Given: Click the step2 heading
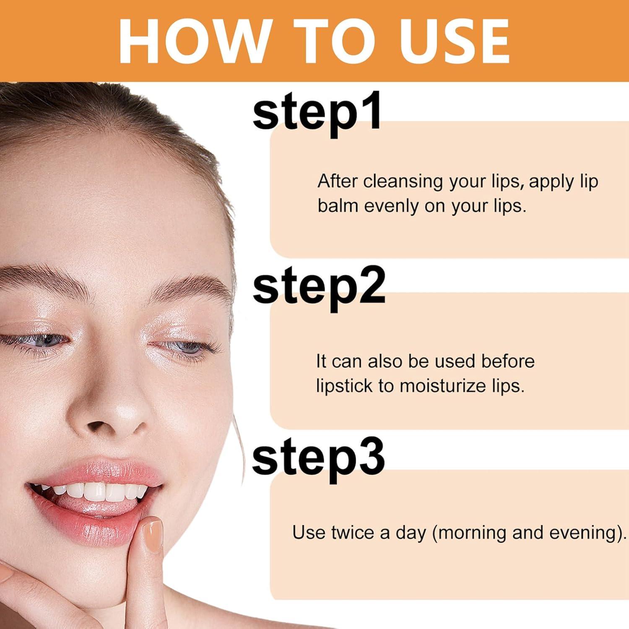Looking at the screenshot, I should [319, 287].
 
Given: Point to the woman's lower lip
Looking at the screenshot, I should [96, 526].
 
